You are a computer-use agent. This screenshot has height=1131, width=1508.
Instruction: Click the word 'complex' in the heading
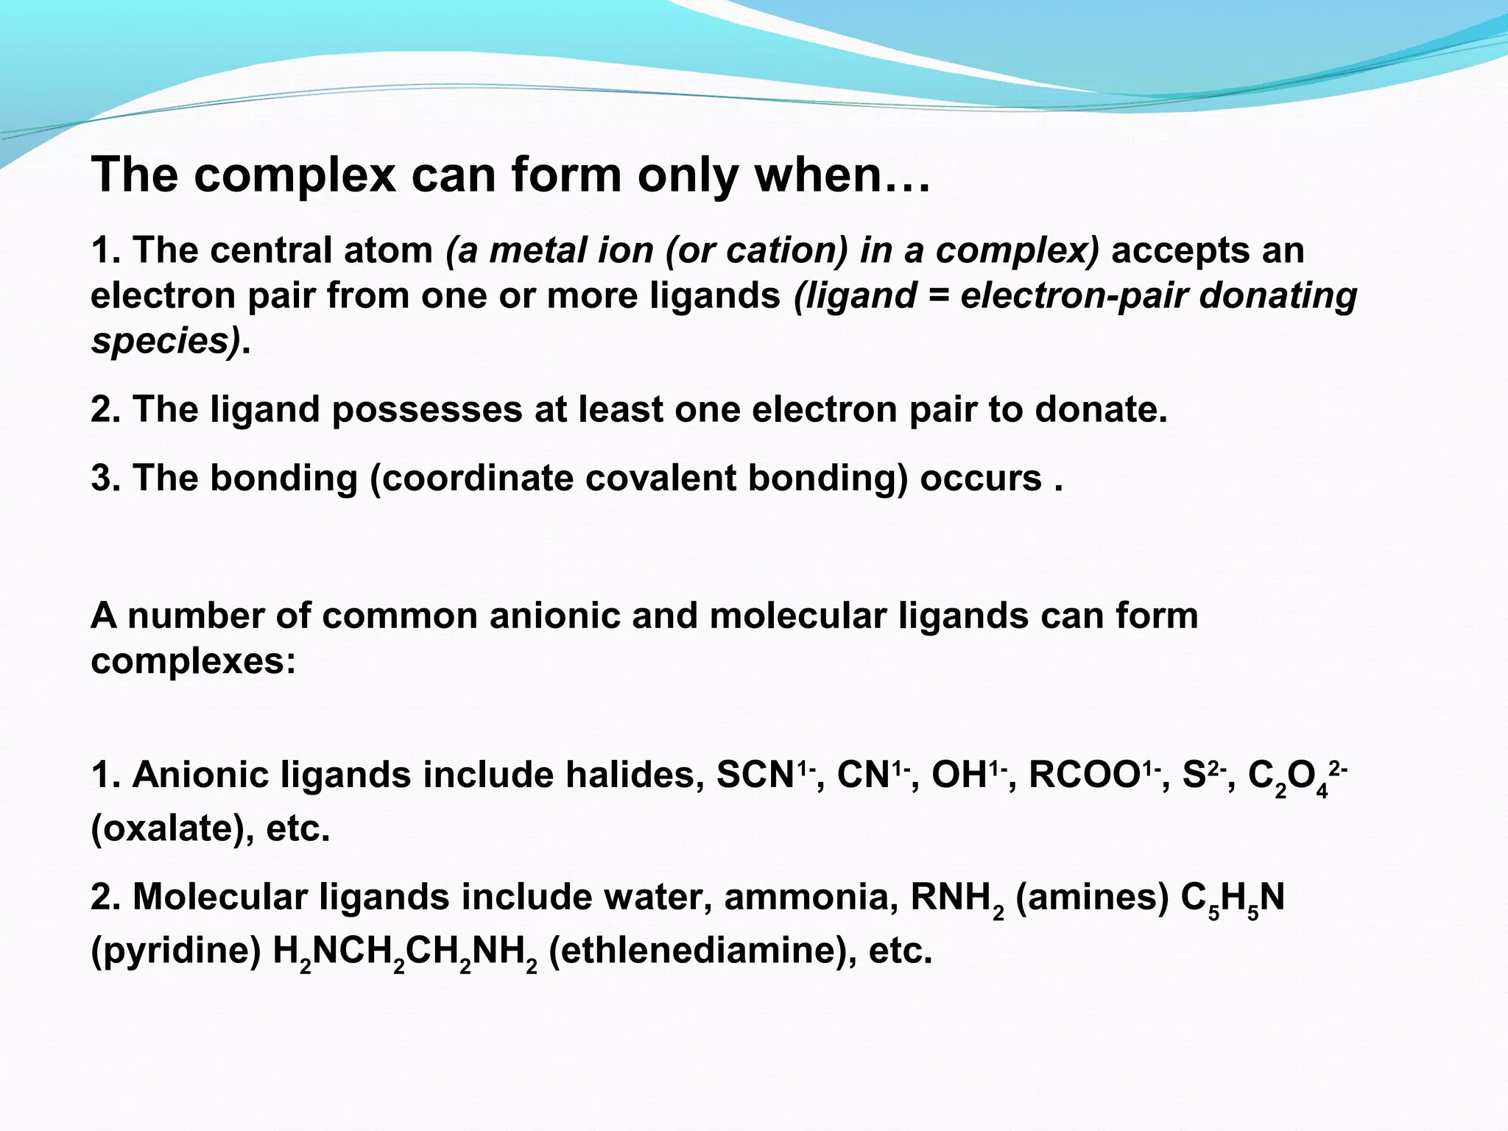pos(295,175)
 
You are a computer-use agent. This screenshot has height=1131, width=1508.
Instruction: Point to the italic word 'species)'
pos(166,341)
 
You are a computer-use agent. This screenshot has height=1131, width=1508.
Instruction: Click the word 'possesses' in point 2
pos(427,409)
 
